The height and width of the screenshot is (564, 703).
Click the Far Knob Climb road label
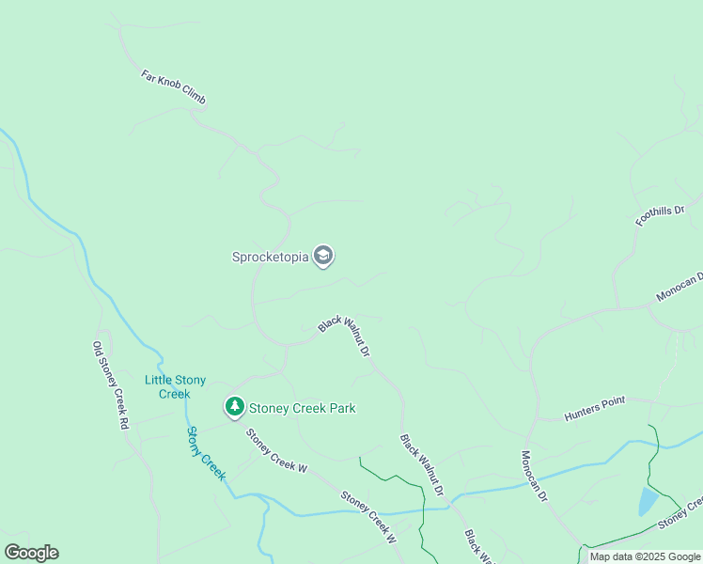pyautogui.click(x=173, y=86)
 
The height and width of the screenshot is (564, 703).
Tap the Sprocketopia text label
pyautogui.click(x=270, y=257)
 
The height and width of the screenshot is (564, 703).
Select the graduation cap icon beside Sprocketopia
pyautogui.click(x=323, y=256)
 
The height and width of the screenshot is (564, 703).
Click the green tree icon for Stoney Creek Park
pyautogui.click(x=234, y=407)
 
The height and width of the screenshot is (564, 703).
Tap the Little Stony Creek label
pyautogui.click(x=174, y=386)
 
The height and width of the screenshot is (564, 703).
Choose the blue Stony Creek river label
pyautogui.click(x=206, y=453)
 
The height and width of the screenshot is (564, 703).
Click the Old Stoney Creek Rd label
pyautogui.click(x=110, y=385)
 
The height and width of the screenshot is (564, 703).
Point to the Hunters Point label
pyautogui.click(x=594, y=409)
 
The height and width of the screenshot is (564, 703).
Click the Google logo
pyautogui.click(x=31, y=553)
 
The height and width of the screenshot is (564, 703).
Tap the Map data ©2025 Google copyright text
pyautogui.click(x=644, y=556)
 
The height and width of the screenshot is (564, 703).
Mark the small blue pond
pyautogui.click(x=648, y=500)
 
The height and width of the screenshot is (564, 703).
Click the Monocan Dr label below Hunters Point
pyautogui.click(x=534, y=476)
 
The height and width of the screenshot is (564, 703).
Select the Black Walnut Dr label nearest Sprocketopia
pyautogui.click(x=344, y=336)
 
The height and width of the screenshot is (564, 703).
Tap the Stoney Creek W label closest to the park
pyautogui.click(x=276, y=450)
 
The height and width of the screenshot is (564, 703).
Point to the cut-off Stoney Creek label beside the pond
pyautogui.click(x=680, y=513)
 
